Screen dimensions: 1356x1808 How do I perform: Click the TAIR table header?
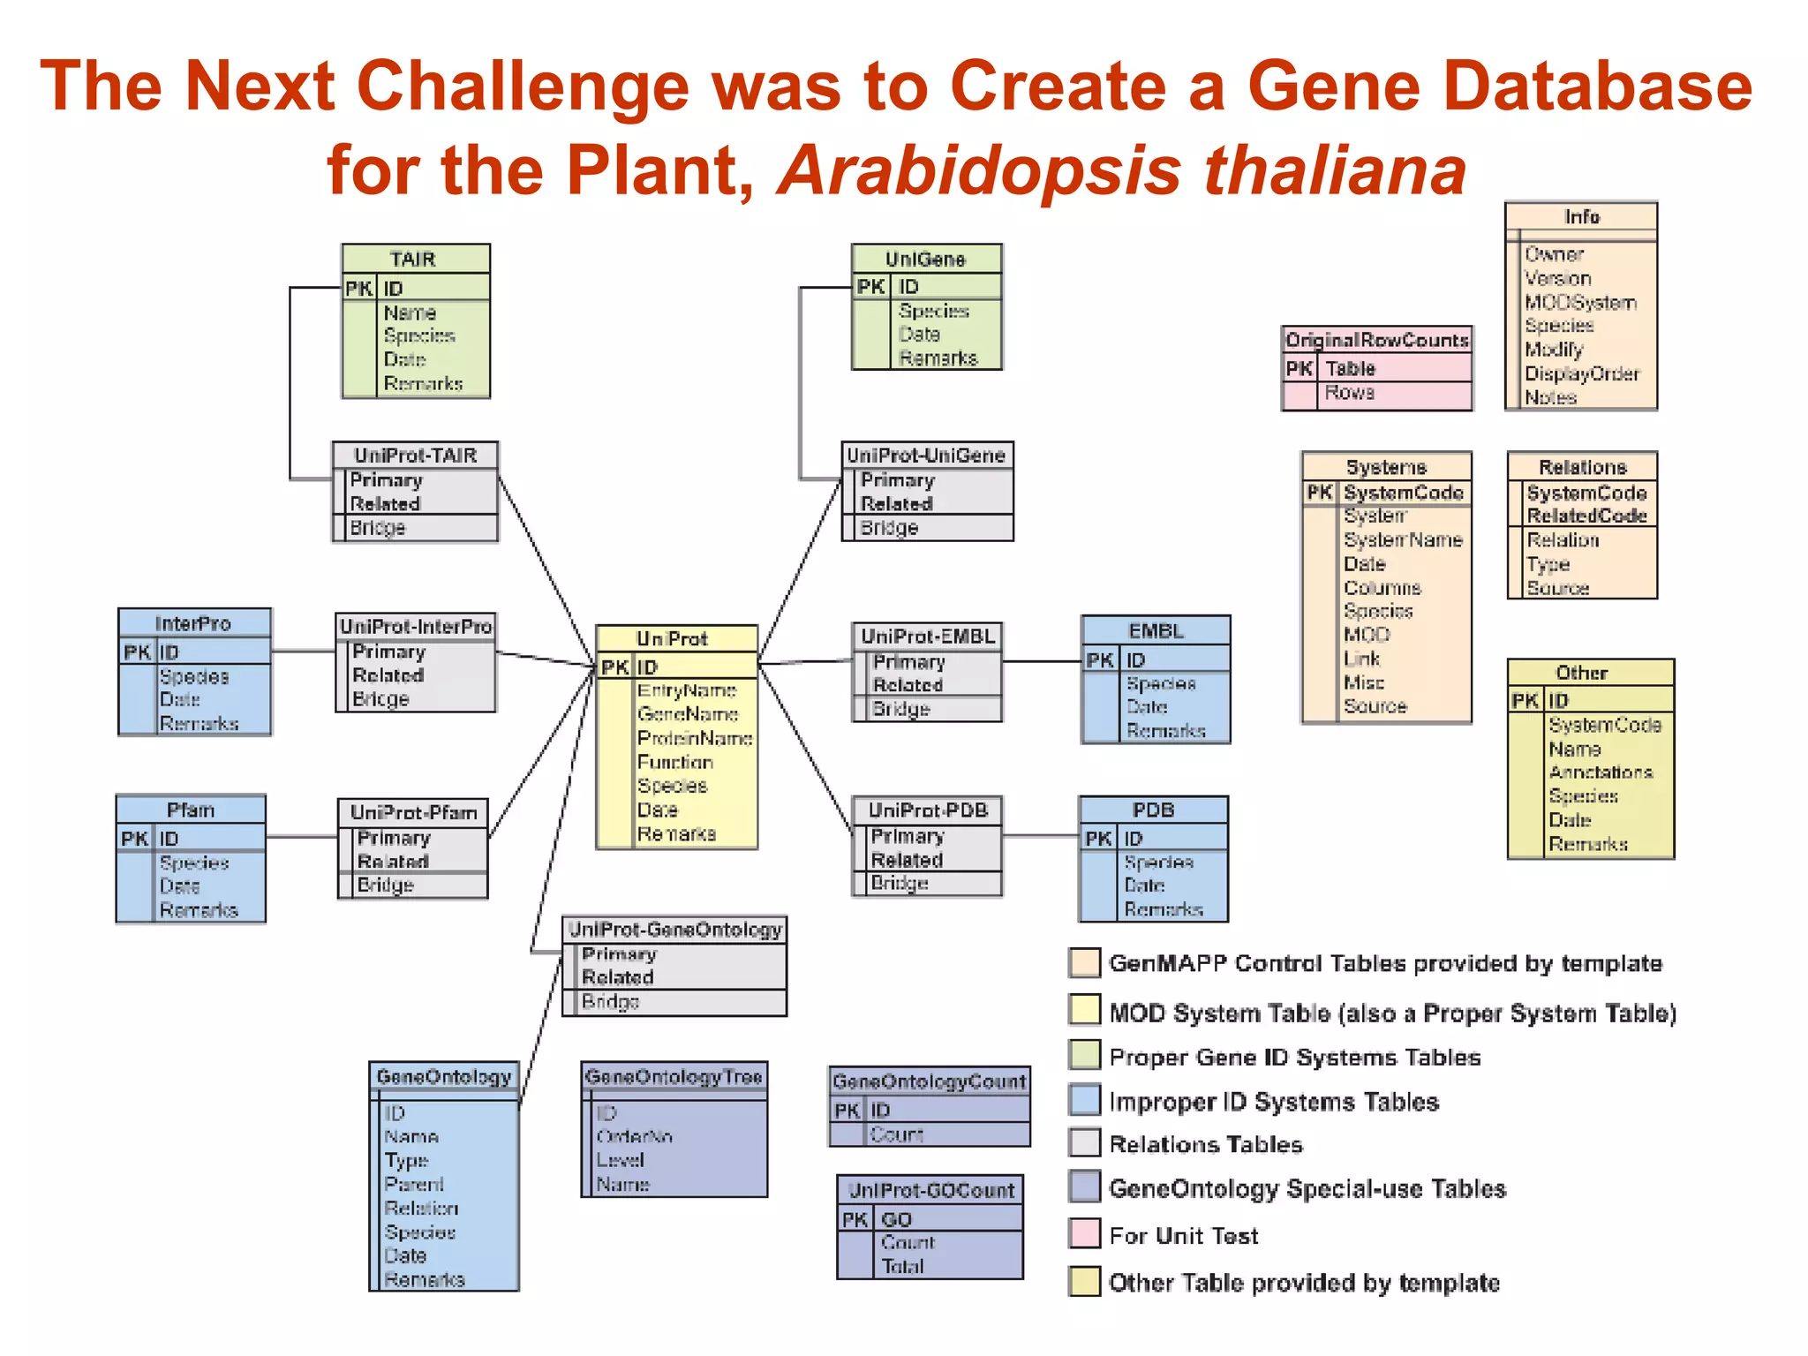coord(414,260)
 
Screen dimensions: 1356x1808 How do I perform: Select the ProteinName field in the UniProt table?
coord(695,738)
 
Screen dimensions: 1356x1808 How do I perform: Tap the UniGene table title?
coord(925,260)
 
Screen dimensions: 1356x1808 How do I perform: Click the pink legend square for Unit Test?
coord(1084,1233)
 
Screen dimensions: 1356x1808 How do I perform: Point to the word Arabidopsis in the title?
coord(978,170)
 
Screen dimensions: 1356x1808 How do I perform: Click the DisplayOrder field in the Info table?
coord(1582,373)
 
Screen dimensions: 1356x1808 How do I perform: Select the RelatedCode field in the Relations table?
coord(1586,516)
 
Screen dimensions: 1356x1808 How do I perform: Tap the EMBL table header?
coord(1155,631)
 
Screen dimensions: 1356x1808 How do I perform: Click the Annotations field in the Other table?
coord(1601,772)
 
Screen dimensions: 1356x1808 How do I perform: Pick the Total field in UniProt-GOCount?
coord(902,1266)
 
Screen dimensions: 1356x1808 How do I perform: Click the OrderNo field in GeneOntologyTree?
coord(634,1137)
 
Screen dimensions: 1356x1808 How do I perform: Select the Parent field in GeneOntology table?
coord(413,1184)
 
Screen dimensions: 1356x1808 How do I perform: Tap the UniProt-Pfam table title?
coord(413,812)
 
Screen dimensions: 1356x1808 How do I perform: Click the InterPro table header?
coord(193,623)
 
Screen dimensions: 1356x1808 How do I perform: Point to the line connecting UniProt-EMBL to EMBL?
coord(1042,661)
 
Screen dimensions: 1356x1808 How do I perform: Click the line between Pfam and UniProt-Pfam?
coord(302,836)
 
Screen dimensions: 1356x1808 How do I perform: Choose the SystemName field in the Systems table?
coord(1402,539)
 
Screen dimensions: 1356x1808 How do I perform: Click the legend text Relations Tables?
coord(1205,1144)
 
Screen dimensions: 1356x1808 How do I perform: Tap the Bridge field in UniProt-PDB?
coord(900,883)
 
